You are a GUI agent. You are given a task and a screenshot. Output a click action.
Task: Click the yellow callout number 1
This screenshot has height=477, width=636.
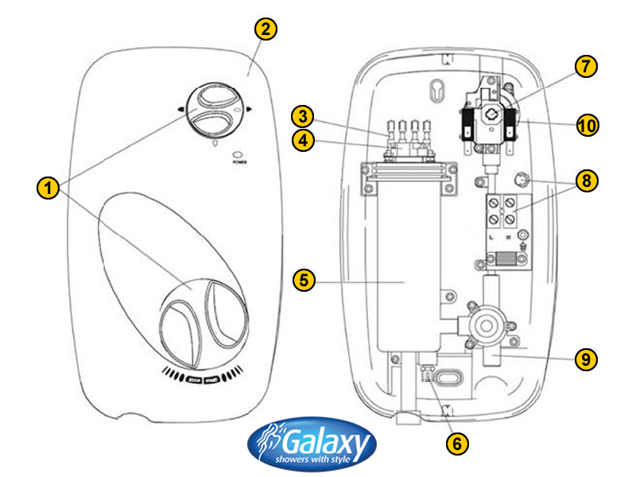pyautogui.click(x=49, y=189)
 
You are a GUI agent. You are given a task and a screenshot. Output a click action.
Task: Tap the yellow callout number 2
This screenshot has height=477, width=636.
pyautogui.click(x=266, y=30)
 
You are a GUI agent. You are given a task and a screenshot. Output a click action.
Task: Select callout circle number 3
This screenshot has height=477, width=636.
pyautogui.click(x=301, y=116)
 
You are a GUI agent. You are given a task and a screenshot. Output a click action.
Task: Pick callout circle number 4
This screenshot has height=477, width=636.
pyautogui.click(x=301, y=142)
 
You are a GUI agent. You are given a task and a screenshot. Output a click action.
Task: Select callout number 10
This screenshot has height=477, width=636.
pyautogui.click(x=586, y=125)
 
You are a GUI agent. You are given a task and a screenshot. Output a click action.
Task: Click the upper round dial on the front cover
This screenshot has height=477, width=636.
pyautogui.click(x=213, y=111)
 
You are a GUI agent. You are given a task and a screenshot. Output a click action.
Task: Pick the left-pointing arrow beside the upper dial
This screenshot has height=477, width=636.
pyautogui.click(x=181, y=110)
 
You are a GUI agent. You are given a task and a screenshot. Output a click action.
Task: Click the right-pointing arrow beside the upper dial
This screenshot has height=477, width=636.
pyautogui.click(x=248, y=110)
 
